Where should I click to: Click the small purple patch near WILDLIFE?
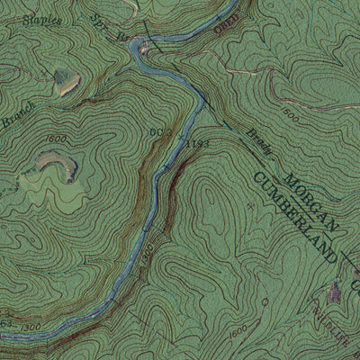[335, 290]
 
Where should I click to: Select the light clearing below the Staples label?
[66, 83]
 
